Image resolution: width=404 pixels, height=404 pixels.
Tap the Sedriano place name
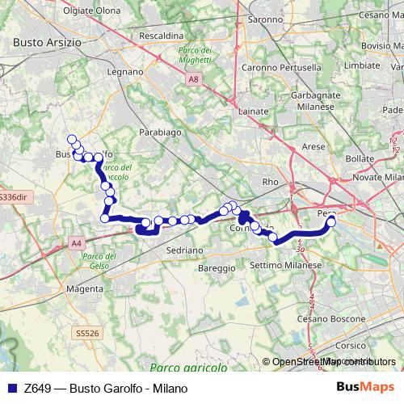click(x=184, y=250)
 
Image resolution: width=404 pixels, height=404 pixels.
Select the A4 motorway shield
click(x=77, y=242)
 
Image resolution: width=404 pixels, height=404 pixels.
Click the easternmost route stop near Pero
click(x=330, y=221)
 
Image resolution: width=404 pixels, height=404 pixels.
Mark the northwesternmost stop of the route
click(x=71, y=139)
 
